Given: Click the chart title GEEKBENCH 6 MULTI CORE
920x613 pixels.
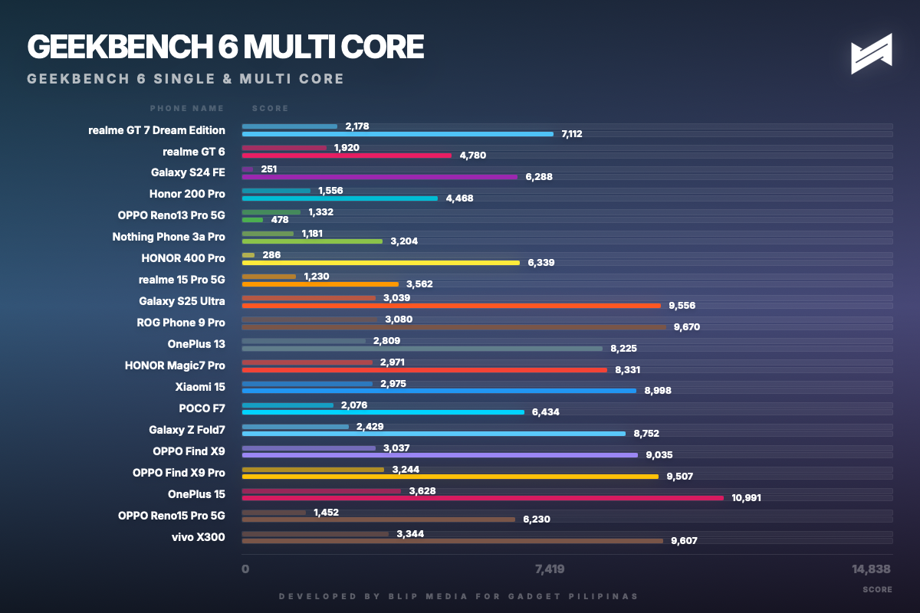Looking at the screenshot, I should click(225, 47).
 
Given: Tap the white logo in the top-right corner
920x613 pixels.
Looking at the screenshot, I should click(871, 54).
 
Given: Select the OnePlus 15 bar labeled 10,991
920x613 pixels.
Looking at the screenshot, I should click(482, 498).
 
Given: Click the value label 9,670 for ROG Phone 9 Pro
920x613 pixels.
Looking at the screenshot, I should click(686, 327).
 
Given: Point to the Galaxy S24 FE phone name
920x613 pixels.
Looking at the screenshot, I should click(188, 173).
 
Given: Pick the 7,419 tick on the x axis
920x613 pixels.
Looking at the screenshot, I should click(550, 569).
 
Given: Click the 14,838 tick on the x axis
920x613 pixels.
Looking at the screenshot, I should click(871, 569).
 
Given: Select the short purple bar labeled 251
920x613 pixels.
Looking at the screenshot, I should click(247, 169).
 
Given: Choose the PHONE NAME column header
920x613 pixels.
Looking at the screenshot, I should click(187, 109).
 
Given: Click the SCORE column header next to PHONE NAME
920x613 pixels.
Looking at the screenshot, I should click(270, 109).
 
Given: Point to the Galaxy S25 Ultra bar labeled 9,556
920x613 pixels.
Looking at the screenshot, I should click(451, 306).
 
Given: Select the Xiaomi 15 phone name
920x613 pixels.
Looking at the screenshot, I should click(200, 387).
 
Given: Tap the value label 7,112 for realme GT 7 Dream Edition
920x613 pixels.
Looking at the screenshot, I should click(571, 134).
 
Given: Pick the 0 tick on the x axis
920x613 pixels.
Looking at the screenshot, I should click(245, 569).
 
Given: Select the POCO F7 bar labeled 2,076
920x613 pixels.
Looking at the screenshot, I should click(287, 405).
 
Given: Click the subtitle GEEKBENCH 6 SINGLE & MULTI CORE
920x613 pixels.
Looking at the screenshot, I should click(185, 79).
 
